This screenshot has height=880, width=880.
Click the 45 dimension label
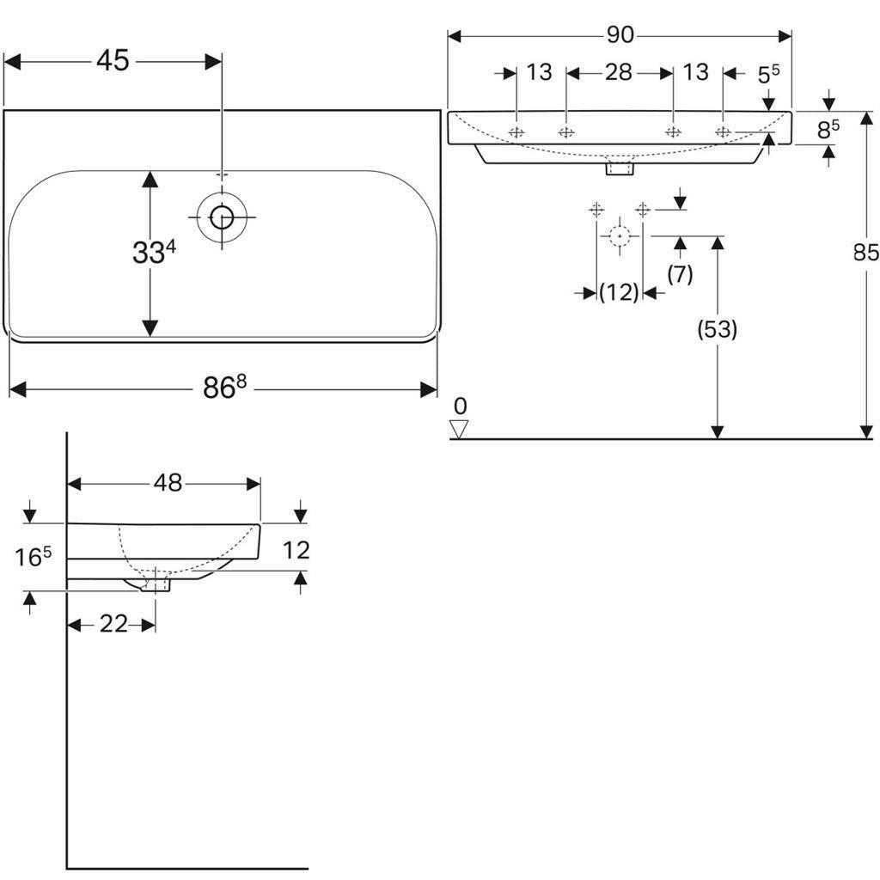[113, 61]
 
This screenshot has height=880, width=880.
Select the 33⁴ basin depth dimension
[154, 253]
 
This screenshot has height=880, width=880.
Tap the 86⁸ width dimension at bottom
[224, 388]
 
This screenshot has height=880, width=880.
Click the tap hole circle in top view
[222, 217]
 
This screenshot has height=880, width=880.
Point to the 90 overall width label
[620, 35]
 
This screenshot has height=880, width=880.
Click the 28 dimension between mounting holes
[619, 72]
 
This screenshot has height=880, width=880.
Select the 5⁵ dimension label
[767, 75]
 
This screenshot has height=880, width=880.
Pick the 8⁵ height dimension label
[828, 131]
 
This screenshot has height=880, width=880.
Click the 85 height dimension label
[865, 253]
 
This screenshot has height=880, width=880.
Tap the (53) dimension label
[717, 329]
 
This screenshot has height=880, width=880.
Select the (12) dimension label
[619, 293]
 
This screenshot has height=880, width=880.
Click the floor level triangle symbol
[460, 429]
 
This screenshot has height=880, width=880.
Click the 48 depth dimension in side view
[168, 484]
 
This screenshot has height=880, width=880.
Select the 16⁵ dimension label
[34, 557]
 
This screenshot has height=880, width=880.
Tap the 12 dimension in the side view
[296, 550]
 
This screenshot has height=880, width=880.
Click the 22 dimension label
[113, 625]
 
